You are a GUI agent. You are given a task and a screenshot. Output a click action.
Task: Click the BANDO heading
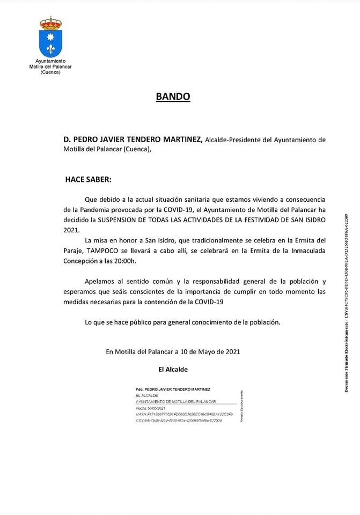[x=173, y=97]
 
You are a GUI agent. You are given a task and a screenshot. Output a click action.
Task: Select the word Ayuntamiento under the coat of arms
[x=50, y=62]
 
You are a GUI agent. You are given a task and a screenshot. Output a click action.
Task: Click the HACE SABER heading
[x=89, y=179]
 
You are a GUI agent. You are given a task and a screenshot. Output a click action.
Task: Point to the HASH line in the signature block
[x=178, y=414]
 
